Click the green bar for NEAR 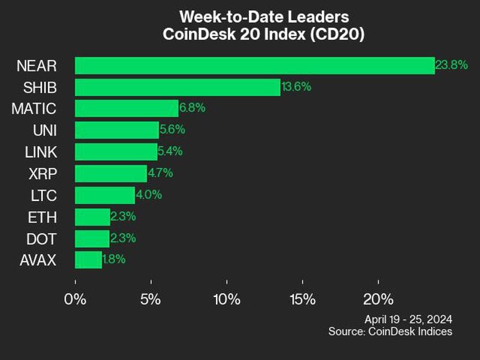254,65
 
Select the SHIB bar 178,87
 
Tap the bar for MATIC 127,109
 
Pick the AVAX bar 88,260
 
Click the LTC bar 105,195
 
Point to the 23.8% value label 451,65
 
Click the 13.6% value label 296,86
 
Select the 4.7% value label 160,173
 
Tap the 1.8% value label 114,260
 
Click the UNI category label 45,130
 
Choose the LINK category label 41,152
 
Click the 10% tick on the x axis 227,299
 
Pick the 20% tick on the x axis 378,299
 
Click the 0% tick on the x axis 76,299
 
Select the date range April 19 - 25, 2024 408,319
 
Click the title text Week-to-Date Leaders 264,16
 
